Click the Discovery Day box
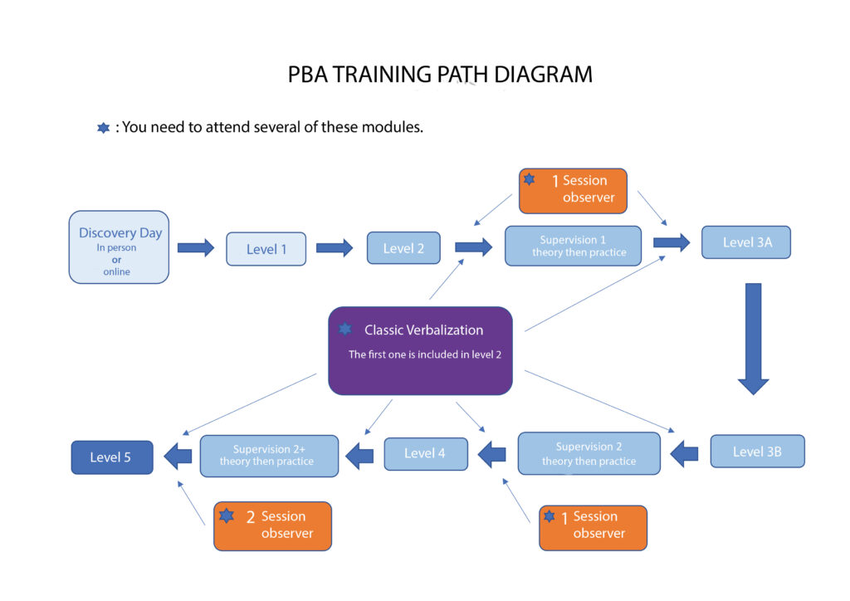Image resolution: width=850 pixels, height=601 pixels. (x=119, y=247)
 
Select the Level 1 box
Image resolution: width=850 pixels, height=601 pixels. (x=266, y=249)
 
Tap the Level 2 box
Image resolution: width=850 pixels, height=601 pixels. (x=403, y=248)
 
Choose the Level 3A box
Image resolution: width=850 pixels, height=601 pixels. (x=745, y=242)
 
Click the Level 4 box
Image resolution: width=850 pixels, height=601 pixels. (x=425, y=453)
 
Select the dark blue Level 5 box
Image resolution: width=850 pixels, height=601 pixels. (x=111, y=457)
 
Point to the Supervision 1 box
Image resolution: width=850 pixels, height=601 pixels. (x=573, y=246)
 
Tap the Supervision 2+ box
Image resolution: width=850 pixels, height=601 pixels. (x=269, y=456)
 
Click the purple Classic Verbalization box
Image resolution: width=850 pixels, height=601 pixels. (x=420, y=350)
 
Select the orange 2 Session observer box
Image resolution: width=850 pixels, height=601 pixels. (x=272, y=525)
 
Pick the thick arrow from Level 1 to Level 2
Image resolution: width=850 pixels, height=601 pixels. (x=335, y=248)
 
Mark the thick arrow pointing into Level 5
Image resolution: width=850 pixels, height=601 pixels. (x=177, y=455)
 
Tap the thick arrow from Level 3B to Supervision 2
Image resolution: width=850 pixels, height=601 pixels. (x=684, y=453)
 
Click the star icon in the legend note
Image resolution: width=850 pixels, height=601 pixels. (x=104, y=128)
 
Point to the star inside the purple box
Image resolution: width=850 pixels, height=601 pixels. (x=344, y=330)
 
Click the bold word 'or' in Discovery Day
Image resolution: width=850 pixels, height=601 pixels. (x=116, y=260)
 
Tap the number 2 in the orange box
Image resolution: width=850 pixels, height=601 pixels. (x=251, y=517)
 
